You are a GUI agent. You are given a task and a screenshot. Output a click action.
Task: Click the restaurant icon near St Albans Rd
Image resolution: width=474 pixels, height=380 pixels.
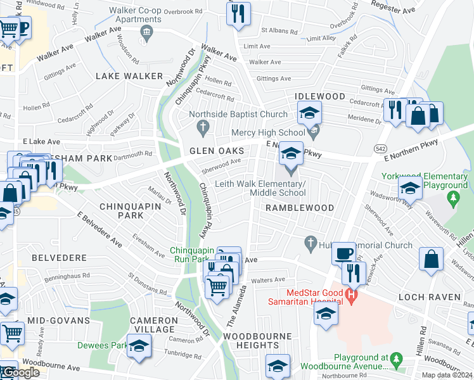pyautogui.click(x=238, y=13)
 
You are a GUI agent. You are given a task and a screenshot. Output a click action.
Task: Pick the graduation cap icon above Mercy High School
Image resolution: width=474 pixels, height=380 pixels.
pyautogui.click(x=309, y=114)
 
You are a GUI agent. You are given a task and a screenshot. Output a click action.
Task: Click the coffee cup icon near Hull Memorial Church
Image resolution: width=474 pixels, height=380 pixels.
pyautogui.click(x=343, y=253)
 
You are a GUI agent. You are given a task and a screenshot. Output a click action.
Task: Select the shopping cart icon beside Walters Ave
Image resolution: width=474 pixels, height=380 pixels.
pyautogui.click(x=217, y=287)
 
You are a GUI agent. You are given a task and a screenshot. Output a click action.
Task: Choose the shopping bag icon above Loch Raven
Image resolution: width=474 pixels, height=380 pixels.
pyautogui.click(x=430, y=258)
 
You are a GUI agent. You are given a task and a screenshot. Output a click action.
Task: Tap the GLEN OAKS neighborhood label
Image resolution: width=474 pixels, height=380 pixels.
pyautogui.click(x=217, y=151)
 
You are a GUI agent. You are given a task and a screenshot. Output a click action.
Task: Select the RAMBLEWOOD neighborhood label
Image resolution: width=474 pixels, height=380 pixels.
pyautogui.click(x=290, y=208)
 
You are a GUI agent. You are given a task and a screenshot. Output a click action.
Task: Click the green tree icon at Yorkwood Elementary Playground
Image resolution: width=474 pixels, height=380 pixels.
pyautogui.click(x=453, y=200)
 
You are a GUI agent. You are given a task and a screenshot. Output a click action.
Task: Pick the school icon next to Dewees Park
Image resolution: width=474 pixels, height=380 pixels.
pyautogui.click(x=139, y=348)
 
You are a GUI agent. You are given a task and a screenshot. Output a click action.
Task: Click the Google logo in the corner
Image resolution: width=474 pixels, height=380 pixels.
pyautogui.click(x=20, y=372)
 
